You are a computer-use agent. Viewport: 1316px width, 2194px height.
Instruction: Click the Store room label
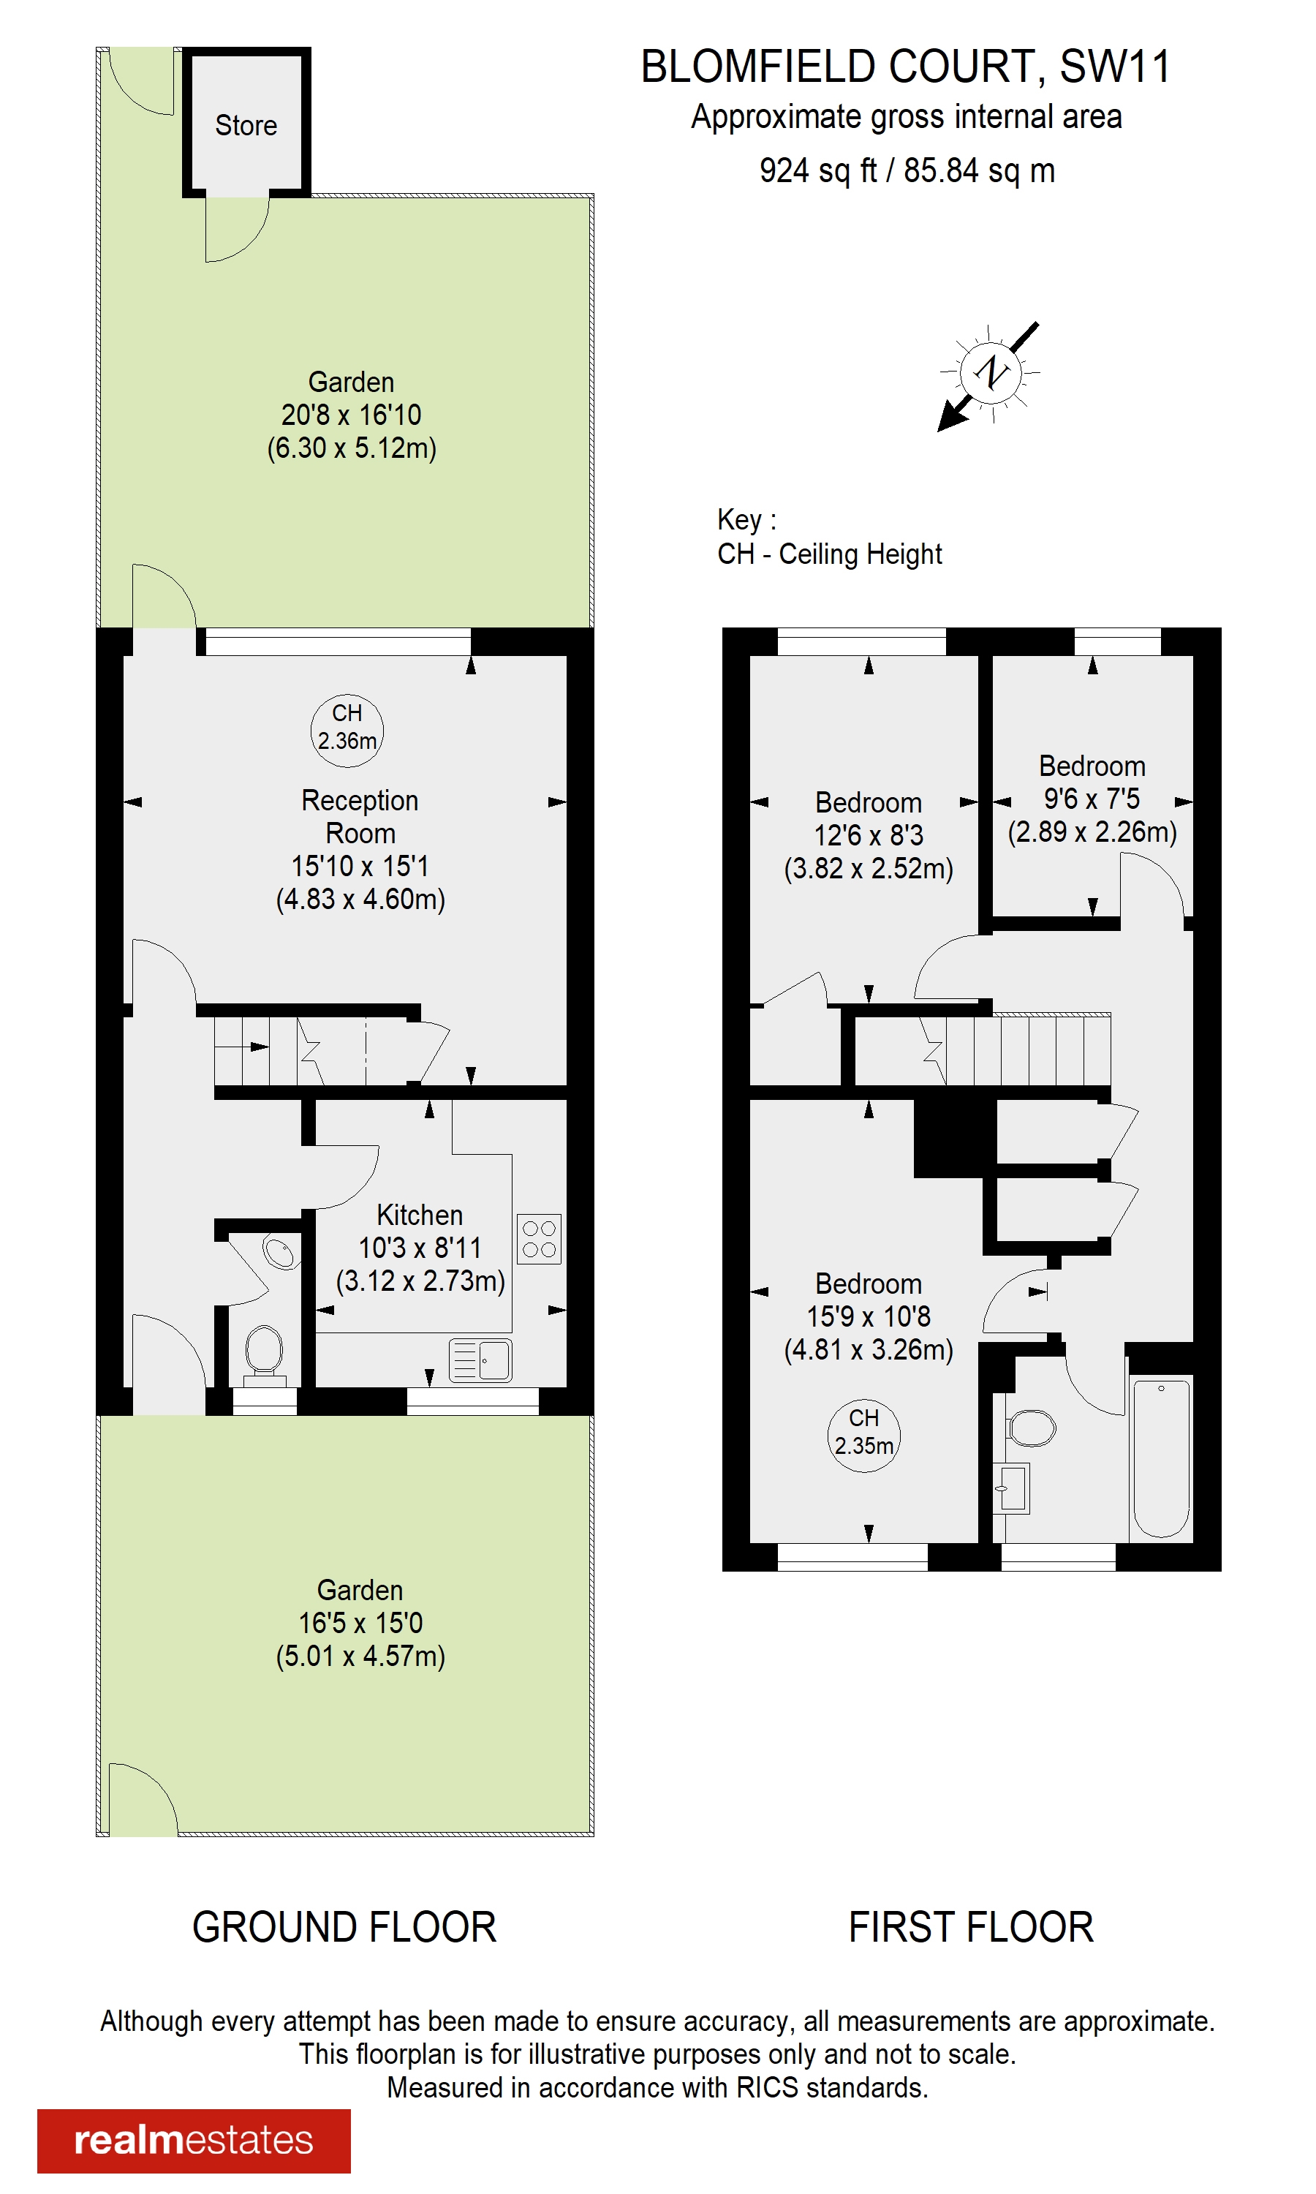246,125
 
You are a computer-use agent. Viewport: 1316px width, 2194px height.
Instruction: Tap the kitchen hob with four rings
538,1238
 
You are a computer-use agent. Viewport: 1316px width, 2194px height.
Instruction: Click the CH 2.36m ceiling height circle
347,727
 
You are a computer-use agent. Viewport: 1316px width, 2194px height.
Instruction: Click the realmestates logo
193,2139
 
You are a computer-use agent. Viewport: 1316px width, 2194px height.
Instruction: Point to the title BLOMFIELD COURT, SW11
905,67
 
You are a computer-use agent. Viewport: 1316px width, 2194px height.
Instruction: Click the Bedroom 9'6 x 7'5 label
1092,798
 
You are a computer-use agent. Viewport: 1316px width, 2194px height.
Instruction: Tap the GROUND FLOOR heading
344,1926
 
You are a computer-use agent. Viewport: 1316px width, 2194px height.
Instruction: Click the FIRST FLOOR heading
970,1926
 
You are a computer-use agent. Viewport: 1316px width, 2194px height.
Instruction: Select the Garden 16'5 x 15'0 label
360,1622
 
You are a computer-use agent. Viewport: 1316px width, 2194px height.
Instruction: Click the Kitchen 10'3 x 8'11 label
420,1247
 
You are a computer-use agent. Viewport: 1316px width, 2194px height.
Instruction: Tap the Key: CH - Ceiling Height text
828,537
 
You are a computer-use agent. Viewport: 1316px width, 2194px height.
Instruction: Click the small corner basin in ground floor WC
279,1252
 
